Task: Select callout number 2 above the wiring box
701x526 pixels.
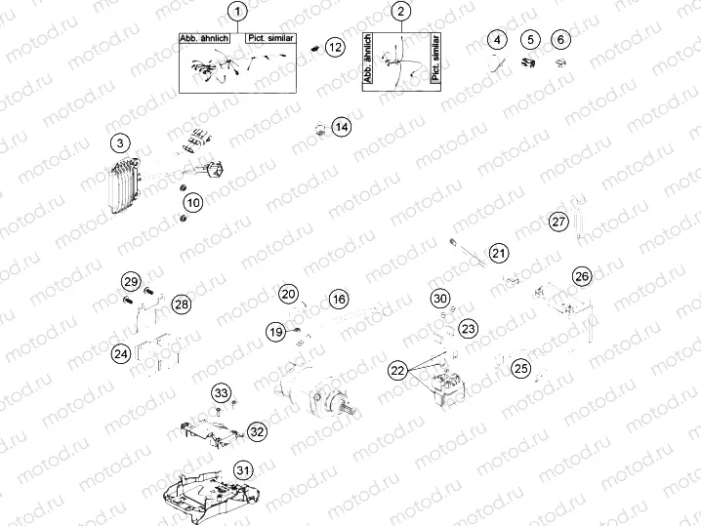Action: (401, 12)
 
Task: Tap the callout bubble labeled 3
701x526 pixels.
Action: (119, 143)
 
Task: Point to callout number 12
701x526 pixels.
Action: (335, 46)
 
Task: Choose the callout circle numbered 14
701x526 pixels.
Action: (341, 127)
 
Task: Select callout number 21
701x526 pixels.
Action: (499, 254)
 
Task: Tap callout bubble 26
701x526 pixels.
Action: (582, 276)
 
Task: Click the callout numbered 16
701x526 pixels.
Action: (338, 299)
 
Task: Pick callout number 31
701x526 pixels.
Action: (242, 469)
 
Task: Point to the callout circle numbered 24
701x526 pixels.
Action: (121, 354)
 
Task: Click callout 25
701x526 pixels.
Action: (521, 368)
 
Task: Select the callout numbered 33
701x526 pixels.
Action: (223, 393)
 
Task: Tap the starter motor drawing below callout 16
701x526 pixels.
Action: (310, 390)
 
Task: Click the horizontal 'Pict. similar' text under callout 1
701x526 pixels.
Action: (271, 38)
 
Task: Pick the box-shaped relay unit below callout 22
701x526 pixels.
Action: (443, 390)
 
